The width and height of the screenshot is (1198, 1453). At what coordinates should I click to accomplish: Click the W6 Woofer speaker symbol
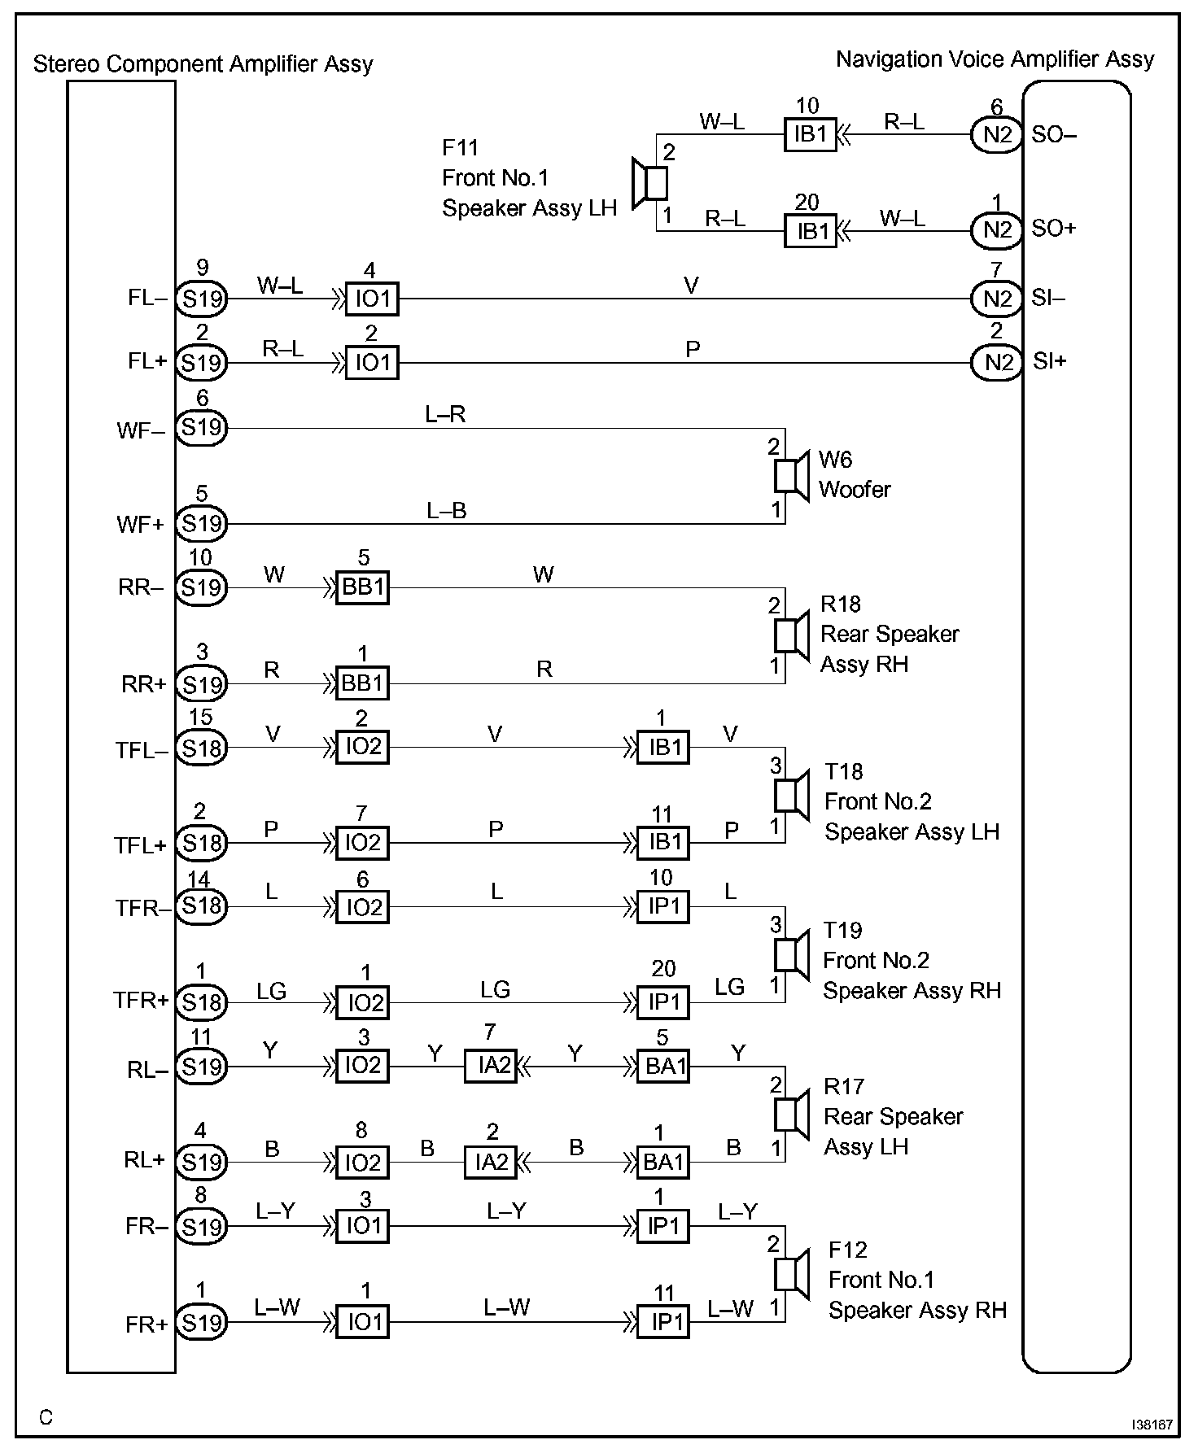(x=789, y=476)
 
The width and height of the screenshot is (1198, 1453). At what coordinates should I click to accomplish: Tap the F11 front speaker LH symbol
(x=651, y=182)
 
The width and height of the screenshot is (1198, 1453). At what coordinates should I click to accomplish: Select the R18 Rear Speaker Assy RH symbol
(x=789, y=635)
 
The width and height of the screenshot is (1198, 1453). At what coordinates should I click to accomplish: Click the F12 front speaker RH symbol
(x=789, y=1274)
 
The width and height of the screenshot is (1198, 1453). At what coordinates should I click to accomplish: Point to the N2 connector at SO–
(x=996, y=134)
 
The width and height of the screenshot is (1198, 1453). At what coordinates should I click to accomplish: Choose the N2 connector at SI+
(x=996, y=362)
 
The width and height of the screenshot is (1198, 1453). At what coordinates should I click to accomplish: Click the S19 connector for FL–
(x=202, y=299)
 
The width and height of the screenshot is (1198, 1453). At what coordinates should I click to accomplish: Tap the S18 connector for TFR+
(x=202, y=1002)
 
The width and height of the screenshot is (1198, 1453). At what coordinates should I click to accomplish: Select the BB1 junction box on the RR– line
(x=363, y=587)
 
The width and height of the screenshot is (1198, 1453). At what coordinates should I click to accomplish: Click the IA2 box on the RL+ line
(x=491, y=1162)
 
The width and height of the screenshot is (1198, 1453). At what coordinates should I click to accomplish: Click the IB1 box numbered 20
(x=811, y=231)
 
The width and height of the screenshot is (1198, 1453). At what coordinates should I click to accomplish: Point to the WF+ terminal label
(x=141, y=525)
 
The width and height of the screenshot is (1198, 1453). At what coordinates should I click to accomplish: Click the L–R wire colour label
(x=445, y=414)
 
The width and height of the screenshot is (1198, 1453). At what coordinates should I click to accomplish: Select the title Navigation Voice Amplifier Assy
(x=995, y=59)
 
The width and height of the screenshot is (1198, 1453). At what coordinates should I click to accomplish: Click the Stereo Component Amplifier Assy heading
(x=203, y=64)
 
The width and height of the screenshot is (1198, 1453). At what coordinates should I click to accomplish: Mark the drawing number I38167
(x=1152, y=1425)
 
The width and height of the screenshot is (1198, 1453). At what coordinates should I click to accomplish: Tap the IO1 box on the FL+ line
(x=372, y=362)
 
